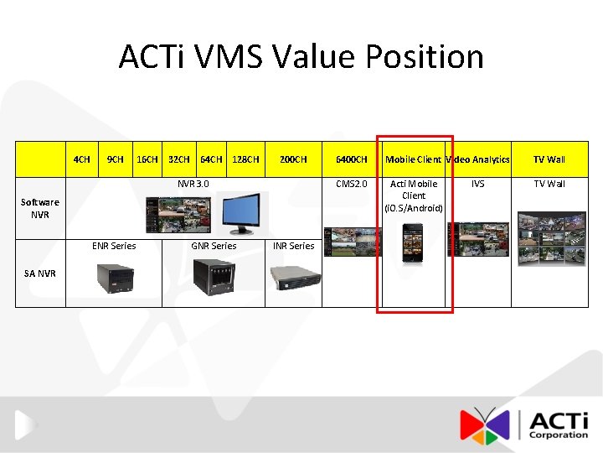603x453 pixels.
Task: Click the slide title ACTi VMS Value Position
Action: (x=301, y=57)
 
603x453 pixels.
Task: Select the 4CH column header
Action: (x=82, y=159)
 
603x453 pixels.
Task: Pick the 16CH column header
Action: (x=147, y=159)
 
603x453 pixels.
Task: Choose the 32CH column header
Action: (x=179, y=159)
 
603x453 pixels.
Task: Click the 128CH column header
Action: (x=245, y=159)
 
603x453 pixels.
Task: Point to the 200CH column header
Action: (x=293, y=159)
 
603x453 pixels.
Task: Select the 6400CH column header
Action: (x=351, y=159)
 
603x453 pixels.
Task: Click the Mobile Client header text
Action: (x=413, y=159)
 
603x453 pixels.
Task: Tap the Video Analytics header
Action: (x=478, y=159)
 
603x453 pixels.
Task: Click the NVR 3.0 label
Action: (x=193, y=184)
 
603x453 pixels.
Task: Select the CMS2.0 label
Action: (x=351, y=184)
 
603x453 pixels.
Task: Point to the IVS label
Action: (x=477, y=184)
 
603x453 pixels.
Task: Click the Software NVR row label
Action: (x=40, y=208)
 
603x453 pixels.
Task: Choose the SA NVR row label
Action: (x=40, y=273)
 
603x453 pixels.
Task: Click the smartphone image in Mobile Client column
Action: (x=414, y=244)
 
